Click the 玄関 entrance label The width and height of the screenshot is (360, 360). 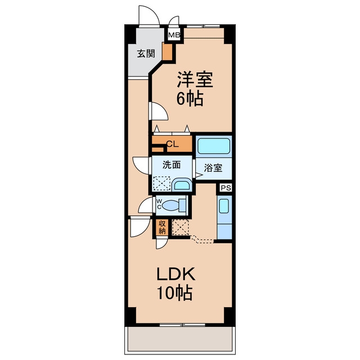click(146, 53)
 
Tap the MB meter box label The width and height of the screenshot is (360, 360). click(174, 35)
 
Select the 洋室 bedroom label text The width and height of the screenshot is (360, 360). click(195, 79)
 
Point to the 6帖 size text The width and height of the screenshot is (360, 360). click(190, 98)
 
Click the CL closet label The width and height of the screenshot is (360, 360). click(173, 144)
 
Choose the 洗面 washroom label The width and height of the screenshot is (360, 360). click(172, 165)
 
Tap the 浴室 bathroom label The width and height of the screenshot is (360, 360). click(213, 168)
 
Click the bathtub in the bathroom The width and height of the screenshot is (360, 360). click(214, 146)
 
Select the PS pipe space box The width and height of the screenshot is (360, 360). click(226, 187)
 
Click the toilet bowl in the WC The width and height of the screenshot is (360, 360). click(171, 205)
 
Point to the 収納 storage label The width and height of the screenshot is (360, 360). click(162, 227)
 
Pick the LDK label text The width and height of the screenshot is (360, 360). click(176, 274)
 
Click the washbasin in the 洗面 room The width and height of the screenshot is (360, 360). click(182, 184)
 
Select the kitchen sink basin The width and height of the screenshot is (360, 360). click(224, 206)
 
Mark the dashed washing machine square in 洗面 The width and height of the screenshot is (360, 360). click(162, 183)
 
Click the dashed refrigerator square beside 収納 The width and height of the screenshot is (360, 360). click(181, 227)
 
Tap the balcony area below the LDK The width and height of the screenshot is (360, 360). click(180, 339)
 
